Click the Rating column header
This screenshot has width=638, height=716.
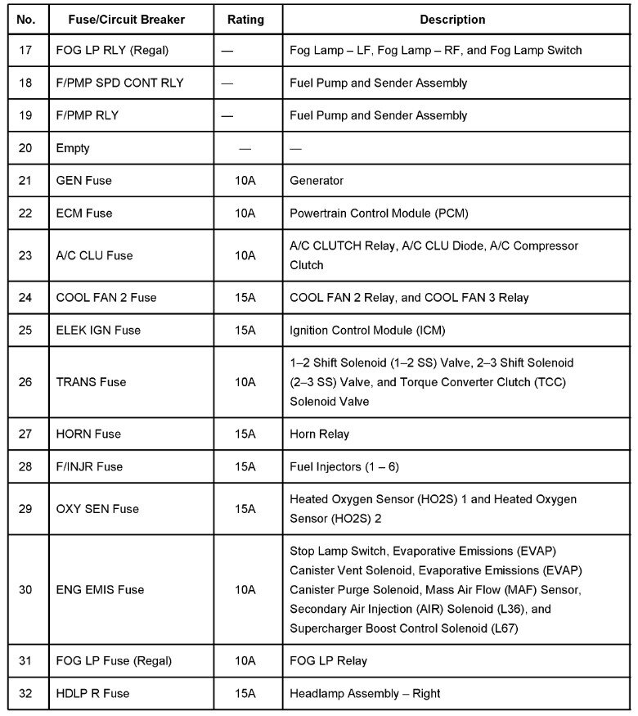(245, 19)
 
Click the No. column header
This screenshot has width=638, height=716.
(27, 19)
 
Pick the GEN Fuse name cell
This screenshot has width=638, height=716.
(84, 180)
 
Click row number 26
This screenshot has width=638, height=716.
(25, 381)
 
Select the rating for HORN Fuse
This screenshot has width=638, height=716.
(245, 434)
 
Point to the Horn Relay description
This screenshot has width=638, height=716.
(319, 434)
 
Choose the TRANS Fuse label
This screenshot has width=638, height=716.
(91, 381)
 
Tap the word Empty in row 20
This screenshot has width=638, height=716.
(73, 148)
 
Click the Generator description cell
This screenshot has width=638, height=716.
(317, 180)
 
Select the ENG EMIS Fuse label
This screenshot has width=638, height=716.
(100, 589)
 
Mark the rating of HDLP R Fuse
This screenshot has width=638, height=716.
(245, 693)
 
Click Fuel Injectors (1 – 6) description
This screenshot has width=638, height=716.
(344, 466)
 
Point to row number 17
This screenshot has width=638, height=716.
(25, 50)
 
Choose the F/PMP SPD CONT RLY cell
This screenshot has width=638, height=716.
(119, 83)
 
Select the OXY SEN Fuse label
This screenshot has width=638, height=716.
(97, 508)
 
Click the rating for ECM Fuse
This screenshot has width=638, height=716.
(245, 213)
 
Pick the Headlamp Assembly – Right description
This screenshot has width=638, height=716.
(365, 693)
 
